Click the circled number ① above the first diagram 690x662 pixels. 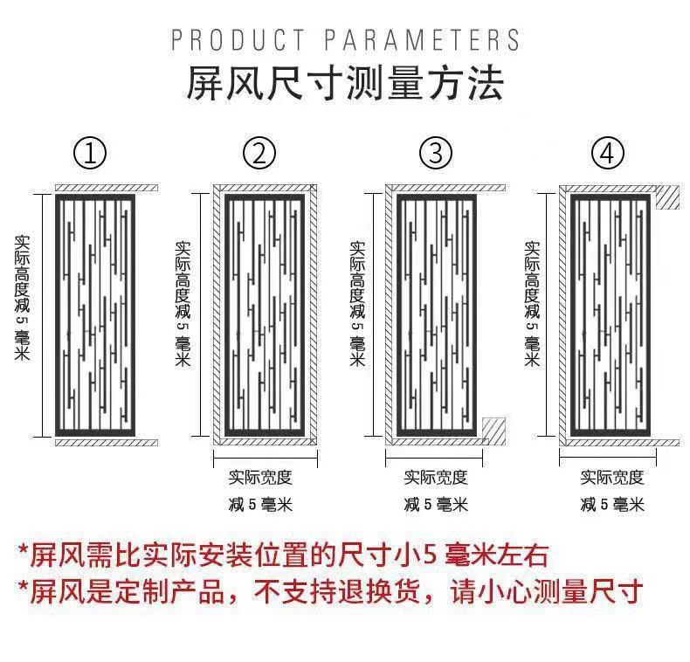(90, 155)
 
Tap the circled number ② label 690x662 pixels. (259, 155)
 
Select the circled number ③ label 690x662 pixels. (436, 155)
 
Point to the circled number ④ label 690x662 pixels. (609, 155)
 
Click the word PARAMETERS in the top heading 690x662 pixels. (422, 40)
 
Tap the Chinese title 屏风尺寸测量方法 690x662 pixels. (345, 86)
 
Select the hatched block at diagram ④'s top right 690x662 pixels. (667, 197)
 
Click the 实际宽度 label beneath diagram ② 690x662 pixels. (260, 477)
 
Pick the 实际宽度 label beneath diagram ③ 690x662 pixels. (436, 477)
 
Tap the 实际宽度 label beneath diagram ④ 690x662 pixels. (612, 477)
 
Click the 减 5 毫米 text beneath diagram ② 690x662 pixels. (260, 505)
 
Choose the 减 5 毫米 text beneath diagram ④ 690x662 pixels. (612, 505)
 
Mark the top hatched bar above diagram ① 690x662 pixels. (106, 188)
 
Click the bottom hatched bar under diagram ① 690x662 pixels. (106, 443)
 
